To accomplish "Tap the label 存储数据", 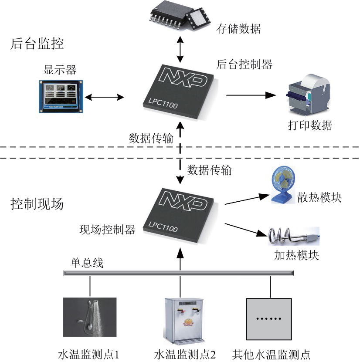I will pyautogui.click(x=238, y=30).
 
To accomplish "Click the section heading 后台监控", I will pyautogui.click(x=37, y=44).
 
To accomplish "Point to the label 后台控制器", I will pyautogui.click(x=244, y=64).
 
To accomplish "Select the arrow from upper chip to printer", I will pyautogui.click(x=251, y=95).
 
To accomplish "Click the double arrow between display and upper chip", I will pyautogui.click(x=105, y=97).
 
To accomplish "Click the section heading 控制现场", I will pyautogui.click(x=37, y=204).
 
